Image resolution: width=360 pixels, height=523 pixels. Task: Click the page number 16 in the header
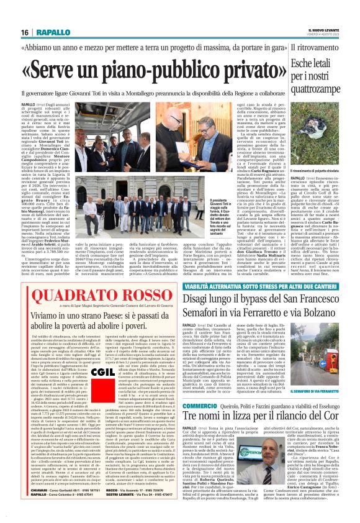[x=25, y=32]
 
